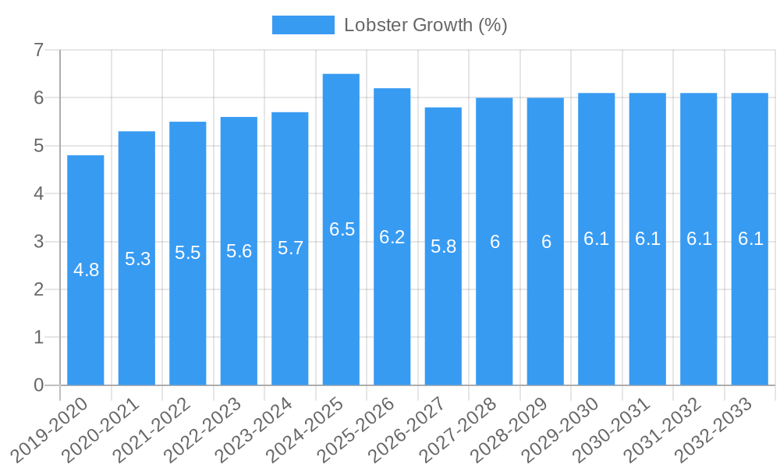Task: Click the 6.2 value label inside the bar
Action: point(392,237)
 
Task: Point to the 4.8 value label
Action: point(86,270)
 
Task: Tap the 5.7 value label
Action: point(290,248)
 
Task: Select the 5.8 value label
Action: point(443,246)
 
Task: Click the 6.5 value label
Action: point(342,229)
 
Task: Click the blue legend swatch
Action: point(303,25)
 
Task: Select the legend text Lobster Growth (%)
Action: point(426,25)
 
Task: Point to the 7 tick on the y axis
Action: point(38,50)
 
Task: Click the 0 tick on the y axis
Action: point(38,385)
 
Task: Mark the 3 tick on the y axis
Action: point(38,242)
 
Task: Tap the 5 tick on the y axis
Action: point(38,146)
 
